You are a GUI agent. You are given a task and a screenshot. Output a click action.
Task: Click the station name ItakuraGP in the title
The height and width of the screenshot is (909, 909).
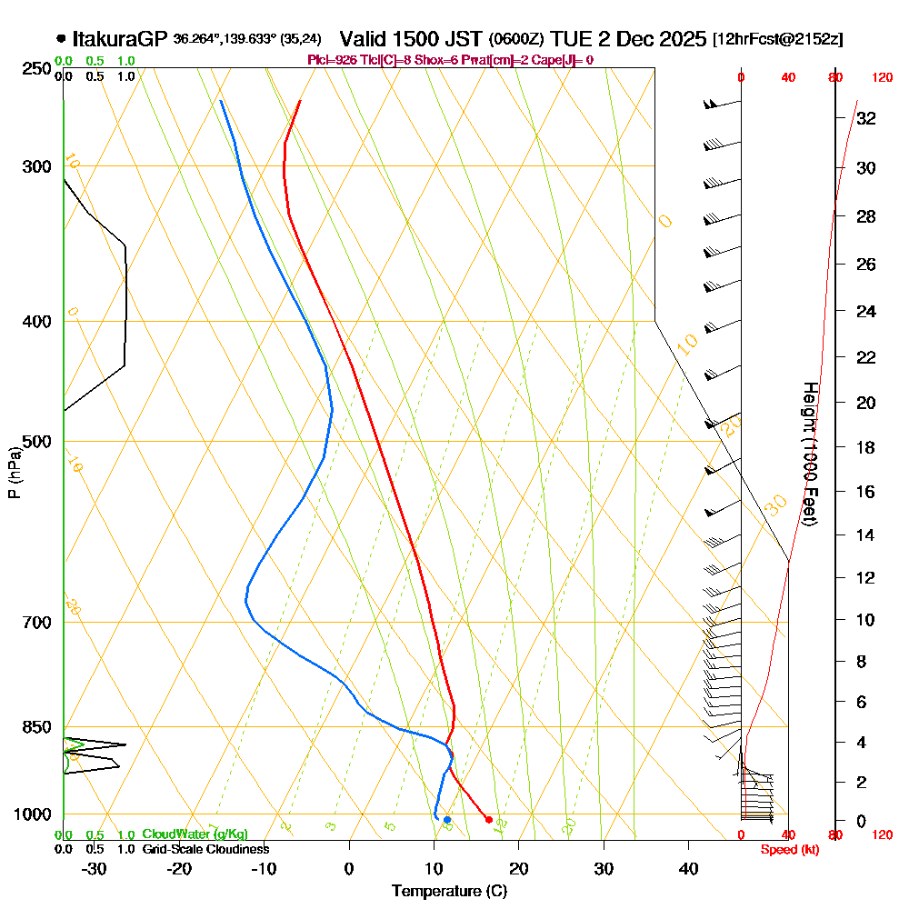click(x=120, y=39)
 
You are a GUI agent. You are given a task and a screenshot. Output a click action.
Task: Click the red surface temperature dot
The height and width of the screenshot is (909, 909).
click(x=489, y=820)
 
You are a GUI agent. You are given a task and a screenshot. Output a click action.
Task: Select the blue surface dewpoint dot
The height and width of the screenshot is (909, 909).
click(x=446, y=820)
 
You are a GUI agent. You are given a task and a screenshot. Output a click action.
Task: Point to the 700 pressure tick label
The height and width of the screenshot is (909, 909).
click(x=37, y=623)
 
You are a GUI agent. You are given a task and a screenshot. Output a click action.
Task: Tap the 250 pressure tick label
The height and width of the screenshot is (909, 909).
click(x=37, y=68)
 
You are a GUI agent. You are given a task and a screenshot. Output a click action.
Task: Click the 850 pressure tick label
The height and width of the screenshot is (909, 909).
click(x=37, y=727)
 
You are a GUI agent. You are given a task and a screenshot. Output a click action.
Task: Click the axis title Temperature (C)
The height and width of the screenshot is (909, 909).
click(x=449, y=892)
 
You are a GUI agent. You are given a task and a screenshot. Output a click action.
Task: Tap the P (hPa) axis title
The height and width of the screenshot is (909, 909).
click(x=14, y=472)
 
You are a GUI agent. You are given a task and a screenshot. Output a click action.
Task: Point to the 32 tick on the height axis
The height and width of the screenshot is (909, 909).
click(x=865, y=118)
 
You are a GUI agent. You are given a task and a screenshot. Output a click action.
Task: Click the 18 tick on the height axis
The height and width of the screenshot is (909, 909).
click(x=865, y=447)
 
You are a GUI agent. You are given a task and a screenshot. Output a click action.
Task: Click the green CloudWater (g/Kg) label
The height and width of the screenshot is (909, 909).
click(x=195, y=834)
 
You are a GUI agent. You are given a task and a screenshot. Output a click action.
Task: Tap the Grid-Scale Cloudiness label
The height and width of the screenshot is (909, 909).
click(x=205, y=849)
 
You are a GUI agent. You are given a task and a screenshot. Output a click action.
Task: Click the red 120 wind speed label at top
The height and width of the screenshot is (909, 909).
click(x=881, y=78)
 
